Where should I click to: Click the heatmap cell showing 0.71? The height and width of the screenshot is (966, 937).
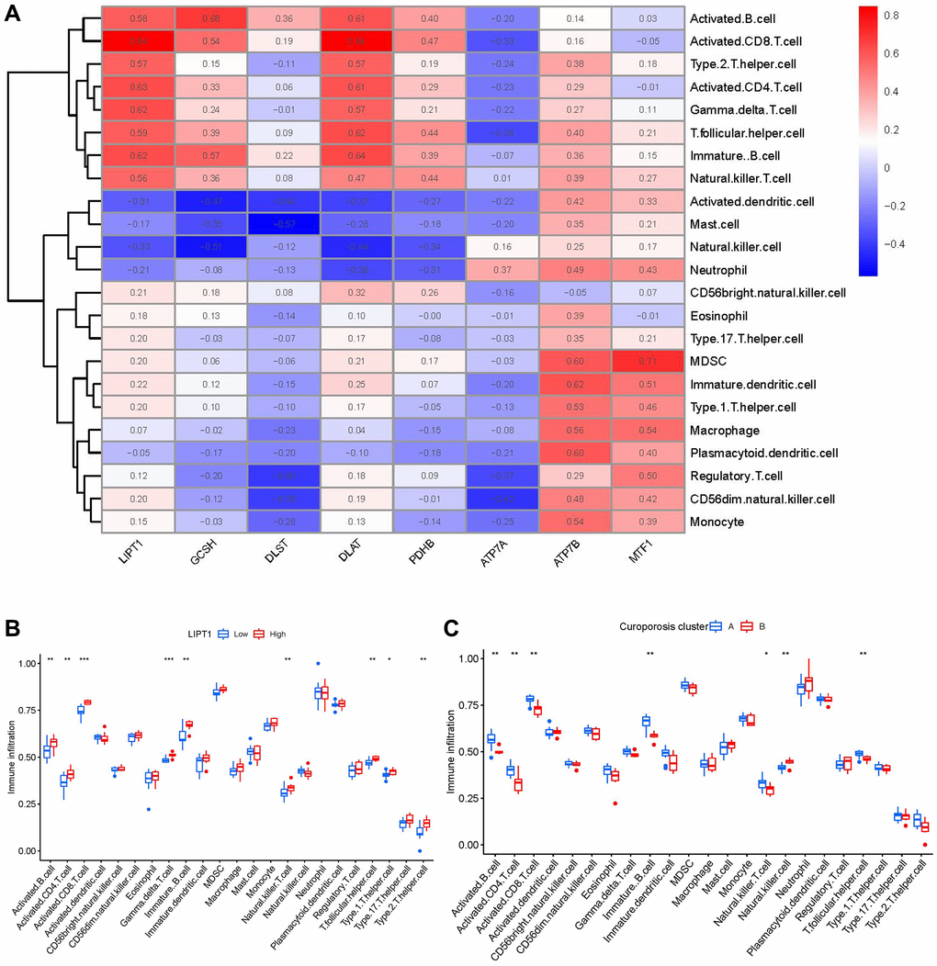coord(649,362)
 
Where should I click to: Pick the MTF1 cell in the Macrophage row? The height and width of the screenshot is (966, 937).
coord(649,431)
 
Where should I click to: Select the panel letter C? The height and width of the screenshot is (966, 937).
coord(450,628)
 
